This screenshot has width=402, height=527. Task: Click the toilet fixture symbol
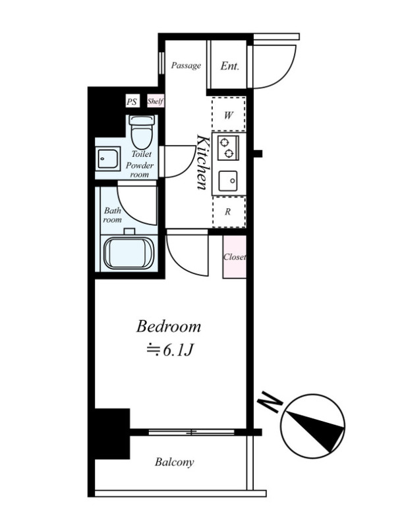coord(142,132)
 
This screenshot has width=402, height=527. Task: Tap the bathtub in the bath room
coord(129,253)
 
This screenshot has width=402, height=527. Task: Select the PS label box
coord(132,101)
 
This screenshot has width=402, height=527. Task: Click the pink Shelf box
coord(156,101)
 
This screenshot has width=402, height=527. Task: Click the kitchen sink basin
coord(228,181)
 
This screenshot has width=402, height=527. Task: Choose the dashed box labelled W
coord(229,114)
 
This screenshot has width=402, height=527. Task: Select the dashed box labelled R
coord(229,212)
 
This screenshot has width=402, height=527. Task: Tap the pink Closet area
coord(235,257)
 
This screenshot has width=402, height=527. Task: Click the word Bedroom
coord(169,327)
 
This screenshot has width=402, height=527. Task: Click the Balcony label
coord(175,462)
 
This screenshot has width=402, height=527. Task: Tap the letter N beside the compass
coord(270,401)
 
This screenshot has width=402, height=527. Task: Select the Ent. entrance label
coord(230,66)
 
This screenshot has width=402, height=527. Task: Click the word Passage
coord(186,65)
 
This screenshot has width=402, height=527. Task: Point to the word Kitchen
coord(202,162)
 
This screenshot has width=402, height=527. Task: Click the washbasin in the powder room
coord(108,159)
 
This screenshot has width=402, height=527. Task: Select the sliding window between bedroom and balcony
coord(192,432)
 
